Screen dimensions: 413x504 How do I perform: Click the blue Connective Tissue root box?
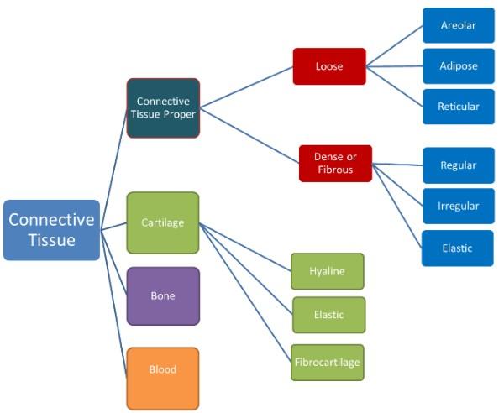click(51, 230)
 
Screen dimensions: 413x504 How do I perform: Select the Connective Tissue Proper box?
click(163, 107)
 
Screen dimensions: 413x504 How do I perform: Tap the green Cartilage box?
click(163, 222)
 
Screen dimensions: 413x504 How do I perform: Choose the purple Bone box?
click(163, 296)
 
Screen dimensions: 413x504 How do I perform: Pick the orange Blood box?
click(163, 369)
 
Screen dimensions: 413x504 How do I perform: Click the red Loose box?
click(329, 65)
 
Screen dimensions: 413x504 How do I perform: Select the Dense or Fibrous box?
click(335, 163)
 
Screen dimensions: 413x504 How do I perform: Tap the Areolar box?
click(458, 25)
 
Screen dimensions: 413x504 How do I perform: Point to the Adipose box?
click(458, 65)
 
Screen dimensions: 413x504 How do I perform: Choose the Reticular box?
click(458, 107)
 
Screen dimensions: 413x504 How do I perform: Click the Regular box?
click(458, 165)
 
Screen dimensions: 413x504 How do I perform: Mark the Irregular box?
click(458, 206)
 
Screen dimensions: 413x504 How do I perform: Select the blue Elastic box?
click(458, 248)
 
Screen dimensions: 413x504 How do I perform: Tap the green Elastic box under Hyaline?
click(328, 315)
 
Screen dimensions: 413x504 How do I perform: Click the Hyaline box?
click(328, 271)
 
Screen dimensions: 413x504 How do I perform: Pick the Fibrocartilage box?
click(328, 362)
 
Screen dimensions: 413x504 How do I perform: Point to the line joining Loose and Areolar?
click(395, 46)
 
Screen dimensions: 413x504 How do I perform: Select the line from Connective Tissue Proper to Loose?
click(246, 87)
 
